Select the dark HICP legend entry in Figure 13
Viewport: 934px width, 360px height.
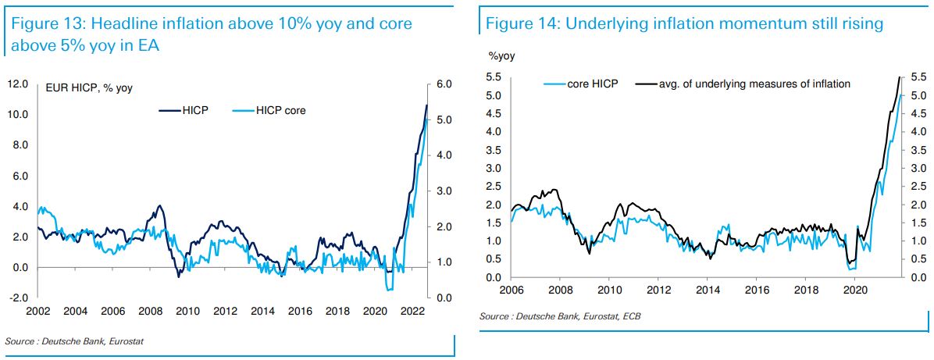coord(194,111)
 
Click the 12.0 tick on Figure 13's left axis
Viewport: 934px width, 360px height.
coord(18,84)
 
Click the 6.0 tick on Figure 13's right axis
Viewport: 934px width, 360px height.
coord(444,84)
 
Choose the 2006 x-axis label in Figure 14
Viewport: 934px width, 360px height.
coord(511,291)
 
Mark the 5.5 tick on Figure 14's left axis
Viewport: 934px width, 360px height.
coord(494,77)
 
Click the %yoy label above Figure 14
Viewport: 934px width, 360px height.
coord(502,56)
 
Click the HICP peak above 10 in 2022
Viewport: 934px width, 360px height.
coord(426,105)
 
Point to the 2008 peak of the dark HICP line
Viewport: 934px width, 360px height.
coord(159,206)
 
